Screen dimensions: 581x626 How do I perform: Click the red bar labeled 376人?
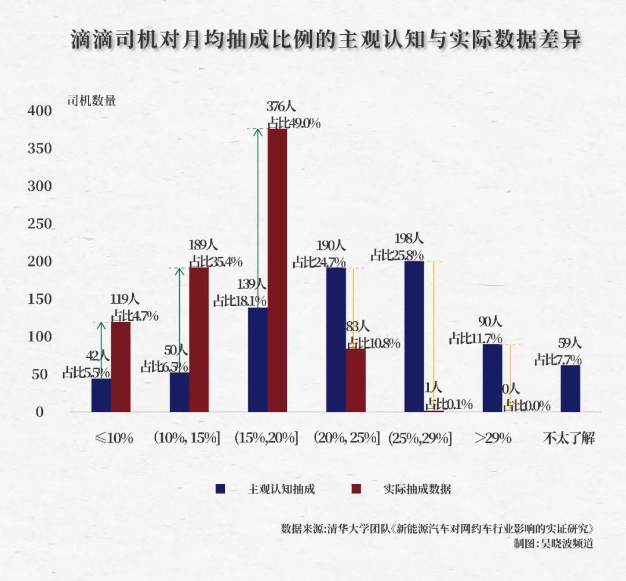click(277, 270)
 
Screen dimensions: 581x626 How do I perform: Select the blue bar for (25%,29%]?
click(414, 336)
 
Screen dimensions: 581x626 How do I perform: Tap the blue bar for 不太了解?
click(570, 388)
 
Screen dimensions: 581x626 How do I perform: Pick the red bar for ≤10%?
click(121, 366)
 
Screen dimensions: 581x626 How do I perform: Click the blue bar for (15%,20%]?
click(257, 360)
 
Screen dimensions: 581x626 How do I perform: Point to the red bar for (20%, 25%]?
click(356, 380)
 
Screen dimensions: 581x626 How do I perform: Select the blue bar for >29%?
click(492, 377)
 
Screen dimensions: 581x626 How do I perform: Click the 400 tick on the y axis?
click(40, 111)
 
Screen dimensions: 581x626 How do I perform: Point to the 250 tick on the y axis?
click(40, 224)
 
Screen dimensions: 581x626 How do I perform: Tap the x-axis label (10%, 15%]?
click(186, 438)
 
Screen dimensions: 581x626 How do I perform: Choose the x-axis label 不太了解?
click(569, 438)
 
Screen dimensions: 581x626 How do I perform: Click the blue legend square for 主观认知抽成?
click(220, 489)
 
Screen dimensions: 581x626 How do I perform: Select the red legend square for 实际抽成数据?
click(356, 489)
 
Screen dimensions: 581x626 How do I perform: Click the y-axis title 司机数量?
click(92, 100)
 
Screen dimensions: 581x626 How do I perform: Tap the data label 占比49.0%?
click(294, 123)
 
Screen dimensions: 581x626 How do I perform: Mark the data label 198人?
click(408, 238)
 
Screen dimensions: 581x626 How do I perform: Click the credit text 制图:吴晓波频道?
click(554, 544)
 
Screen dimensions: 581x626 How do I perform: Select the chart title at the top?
click(326, 39)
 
